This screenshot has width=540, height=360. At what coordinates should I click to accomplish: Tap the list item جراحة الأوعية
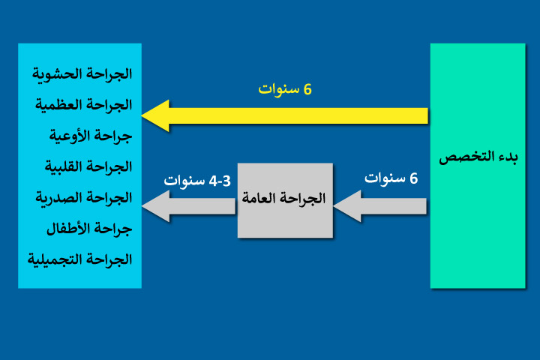coord(91,136)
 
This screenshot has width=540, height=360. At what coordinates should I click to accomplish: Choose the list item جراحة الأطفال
coord(91,228)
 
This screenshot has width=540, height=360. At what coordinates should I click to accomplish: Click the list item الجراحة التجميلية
coord(80,259)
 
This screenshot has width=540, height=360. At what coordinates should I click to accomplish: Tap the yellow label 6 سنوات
coord(285,88)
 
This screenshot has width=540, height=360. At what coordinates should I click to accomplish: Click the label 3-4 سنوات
coord(196,181)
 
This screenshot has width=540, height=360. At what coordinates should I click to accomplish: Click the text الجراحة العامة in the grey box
coord(284,199)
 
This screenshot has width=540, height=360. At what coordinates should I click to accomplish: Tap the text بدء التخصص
coord(478,157)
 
